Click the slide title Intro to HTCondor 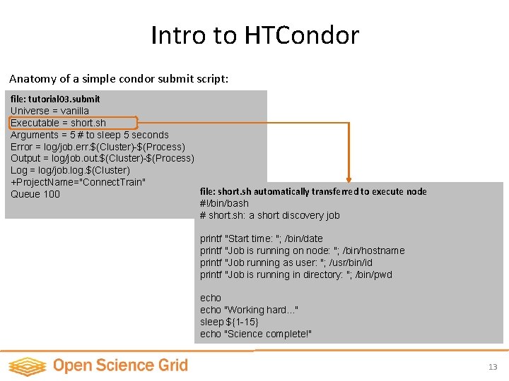255,35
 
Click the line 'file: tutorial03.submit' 55,99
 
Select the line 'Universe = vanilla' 49,111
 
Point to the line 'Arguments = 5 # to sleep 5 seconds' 90,135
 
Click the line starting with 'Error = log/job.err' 98,147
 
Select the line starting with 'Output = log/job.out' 103,158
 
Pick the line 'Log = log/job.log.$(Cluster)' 70,170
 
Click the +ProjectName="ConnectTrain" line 78,182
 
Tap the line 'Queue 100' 35,194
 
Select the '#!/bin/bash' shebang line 224,203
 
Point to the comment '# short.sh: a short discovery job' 269,215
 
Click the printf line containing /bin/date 261,238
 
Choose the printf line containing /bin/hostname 302,250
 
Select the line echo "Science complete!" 255,334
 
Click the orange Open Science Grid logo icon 27,365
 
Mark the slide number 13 493,367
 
